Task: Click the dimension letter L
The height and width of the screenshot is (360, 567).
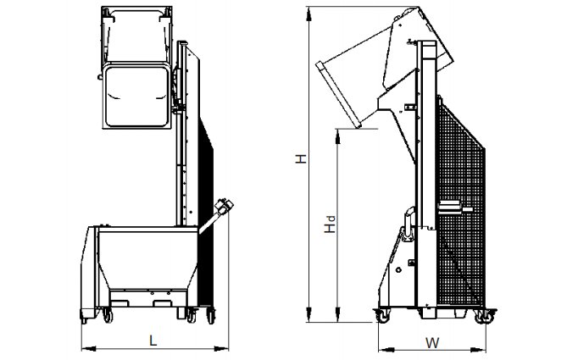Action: (x=153, y=341)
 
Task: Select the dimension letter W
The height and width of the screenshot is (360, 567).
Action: (x=432, y=343)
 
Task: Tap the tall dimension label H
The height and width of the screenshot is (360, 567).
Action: (x=301, y=158)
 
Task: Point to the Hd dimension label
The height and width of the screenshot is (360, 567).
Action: (x=330, y=224)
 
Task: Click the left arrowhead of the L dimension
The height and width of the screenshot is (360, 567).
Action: (x=89, y=349)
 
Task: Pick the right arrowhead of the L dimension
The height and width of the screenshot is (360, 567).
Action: (x=221, y=349)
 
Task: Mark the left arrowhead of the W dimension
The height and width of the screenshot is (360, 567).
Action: (x=386, y=350)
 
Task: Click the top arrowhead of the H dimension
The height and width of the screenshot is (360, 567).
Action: (x=309, y=15)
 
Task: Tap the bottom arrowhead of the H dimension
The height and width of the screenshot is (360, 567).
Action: (x=309, y=314)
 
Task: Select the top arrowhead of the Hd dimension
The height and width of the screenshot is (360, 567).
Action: (x=337, y=136)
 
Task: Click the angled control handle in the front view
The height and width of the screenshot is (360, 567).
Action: (x=216, y=215)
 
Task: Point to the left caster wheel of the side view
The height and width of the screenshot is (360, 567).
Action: (x=382, y=316)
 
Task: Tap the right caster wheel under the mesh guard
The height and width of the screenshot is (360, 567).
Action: (x=485, y=316)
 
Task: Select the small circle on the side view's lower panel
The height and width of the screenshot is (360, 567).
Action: (x=398, y=269)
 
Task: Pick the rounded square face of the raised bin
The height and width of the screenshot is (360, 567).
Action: (x=136, y=96)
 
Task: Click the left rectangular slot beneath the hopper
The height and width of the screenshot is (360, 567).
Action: (x=120, y=303)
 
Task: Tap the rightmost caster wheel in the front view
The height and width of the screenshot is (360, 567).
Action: (x=211, y=316)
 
